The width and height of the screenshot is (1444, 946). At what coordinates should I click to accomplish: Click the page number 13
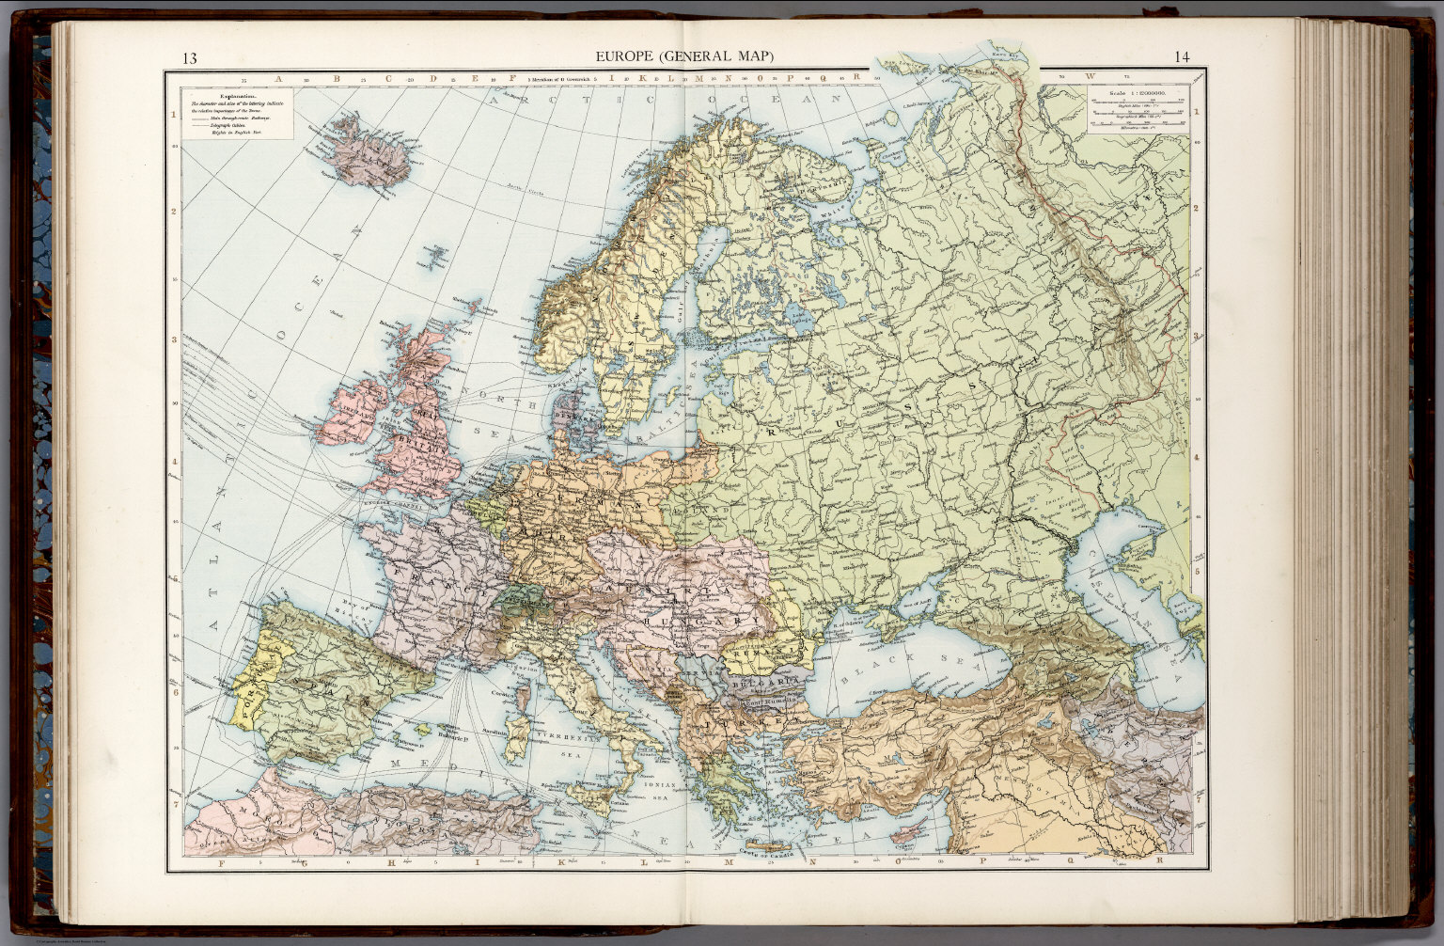tap(190, 58)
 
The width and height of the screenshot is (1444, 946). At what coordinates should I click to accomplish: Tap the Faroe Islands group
tap(436, 255)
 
